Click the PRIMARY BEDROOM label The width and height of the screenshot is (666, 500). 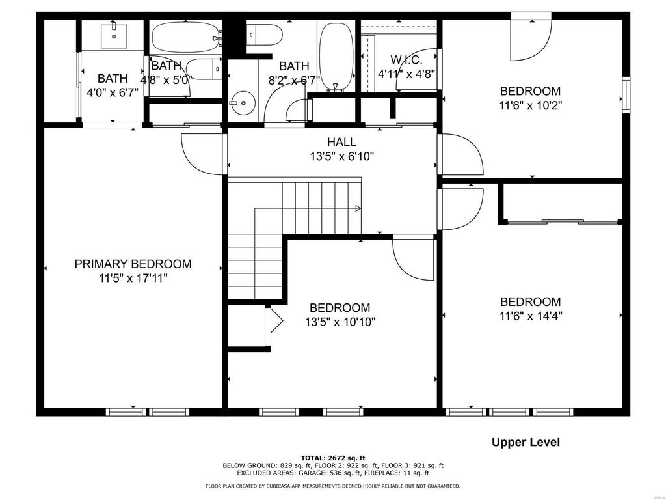(x=133, y=264)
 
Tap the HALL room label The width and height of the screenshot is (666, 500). (x=341, y=142)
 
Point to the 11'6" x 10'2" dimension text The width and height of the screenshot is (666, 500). (x=531, y=105)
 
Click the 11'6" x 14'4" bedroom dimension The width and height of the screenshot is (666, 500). (x=531, y=316)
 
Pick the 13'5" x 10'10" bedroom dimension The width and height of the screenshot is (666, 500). (x=340, y=322)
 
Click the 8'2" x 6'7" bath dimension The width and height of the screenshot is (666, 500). (x=294, y=80)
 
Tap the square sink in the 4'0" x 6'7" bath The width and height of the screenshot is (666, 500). (x=114, y=36)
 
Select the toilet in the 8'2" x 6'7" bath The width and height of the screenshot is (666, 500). (x=265, y=35)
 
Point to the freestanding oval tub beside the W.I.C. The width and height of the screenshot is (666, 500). (x=336, y=57)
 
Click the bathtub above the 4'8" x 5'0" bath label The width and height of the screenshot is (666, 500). (x=186, y=37)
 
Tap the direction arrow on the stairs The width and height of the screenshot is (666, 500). (x=358, y=208)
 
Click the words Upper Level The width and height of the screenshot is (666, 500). (x=526, y=442)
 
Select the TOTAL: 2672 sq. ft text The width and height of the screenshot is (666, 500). (x=333, y=458)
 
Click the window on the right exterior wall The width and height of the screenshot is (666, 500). (x=626, y=95)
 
